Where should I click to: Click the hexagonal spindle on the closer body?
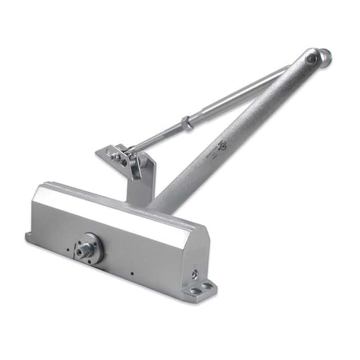(87, 248)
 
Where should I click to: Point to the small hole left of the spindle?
(68, 248)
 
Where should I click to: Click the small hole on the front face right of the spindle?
(132, 274)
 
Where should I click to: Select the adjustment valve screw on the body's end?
(195, 272)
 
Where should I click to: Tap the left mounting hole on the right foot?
(195, 291)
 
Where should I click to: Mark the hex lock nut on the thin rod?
(187, 122)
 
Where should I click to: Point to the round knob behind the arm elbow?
(325, 55)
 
